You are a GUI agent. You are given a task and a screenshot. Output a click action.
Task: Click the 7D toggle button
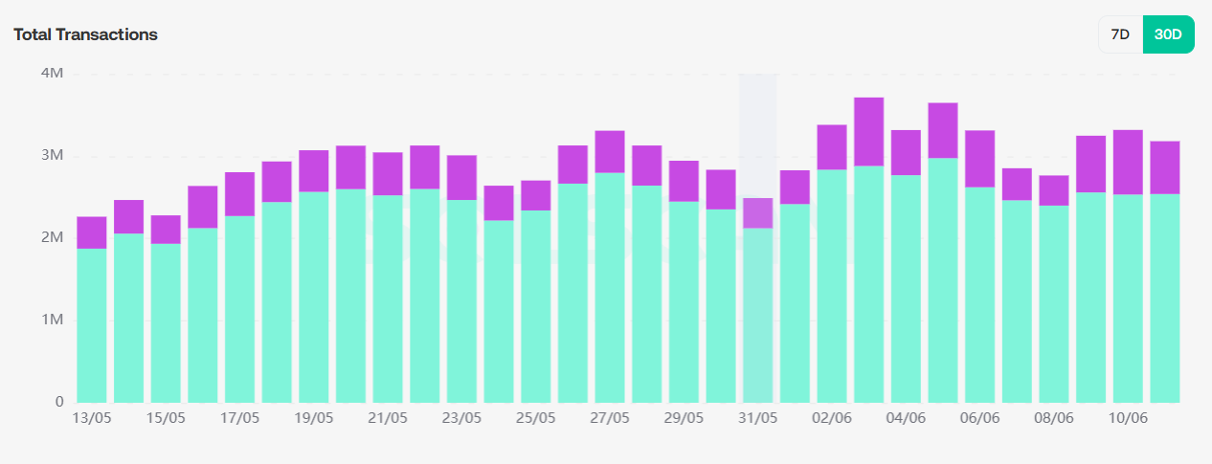pyautogui.click(x=1120, y=34)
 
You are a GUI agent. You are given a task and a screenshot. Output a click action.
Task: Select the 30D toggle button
pyautogui.click(x=1168, y=34)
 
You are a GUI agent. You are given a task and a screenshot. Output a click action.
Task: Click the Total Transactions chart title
pyautogui.click(x=85, y=34)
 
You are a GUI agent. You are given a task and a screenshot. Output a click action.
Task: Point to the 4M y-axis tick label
pyautogui.click(x=53, y=74)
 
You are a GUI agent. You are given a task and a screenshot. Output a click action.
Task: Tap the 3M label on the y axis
pyautogui.click(x=53, y=156)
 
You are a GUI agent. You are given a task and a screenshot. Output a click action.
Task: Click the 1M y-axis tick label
pyautogui.click(x=53, y=320)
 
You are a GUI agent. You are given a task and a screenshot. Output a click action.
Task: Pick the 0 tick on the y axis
pyautogui.click(x=58, y=402)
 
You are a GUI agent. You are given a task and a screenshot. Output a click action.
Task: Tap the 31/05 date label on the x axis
pyautogui.click(x=758, y=419)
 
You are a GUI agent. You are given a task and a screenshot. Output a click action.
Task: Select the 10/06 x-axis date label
pyautogui.click(x=1128, y=419)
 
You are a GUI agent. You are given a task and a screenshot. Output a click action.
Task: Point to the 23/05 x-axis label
pyautogui.click(x=461, y=419)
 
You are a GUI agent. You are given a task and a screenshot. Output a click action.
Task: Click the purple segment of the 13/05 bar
pyautogui.click(x=92, y=232)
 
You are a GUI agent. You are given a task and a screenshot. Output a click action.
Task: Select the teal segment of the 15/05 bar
pyautogui.click(x=166, y=323)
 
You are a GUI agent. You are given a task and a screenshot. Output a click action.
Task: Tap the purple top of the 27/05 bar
pyautogui.click(x=610, y=151)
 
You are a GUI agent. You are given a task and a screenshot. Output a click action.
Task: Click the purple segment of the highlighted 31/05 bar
pyautogui.click(x=758, y=212)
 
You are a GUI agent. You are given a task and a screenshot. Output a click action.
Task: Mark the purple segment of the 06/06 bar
pyautogui.click(x=979, y=158)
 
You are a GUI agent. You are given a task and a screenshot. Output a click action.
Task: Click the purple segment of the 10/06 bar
pyautogui.click(x=1128, y=162)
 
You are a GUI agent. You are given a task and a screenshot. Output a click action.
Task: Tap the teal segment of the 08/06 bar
pyautogui.click(x=1054, y=304)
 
